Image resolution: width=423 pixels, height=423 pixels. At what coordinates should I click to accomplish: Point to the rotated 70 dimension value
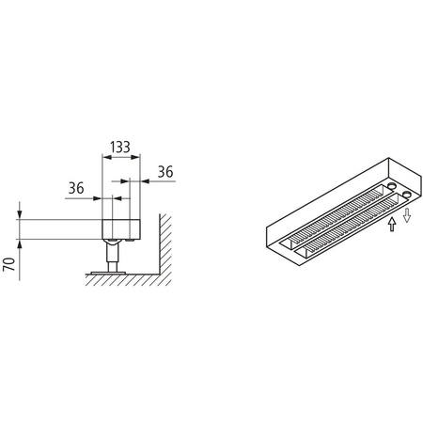(x=9, y=261)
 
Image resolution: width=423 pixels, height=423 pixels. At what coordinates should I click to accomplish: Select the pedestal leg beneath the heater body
(x=113, y=255)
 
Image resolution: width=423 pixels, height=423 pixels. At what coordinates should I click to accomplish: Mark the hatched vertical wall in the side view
(x=162, y=246)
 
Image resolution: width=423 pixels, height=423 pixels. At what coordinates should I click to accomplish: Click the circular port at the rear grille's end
(x=395, y=186)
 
